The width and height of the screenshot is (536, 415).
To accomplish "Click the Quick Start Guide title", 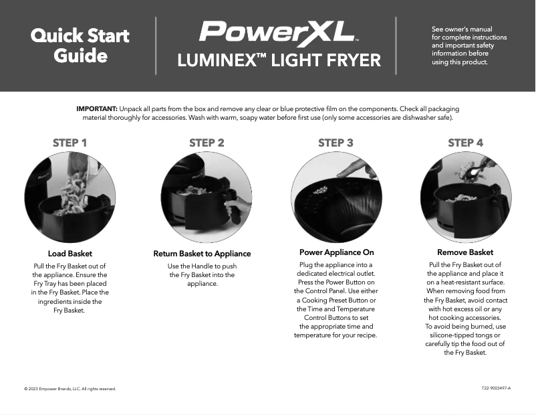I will pos(80,46).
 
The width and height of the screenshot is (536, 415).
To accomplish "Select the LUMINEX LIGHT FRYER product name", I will pos(279,61).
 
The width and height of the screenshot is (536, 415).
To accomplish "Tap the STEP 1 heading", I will pos(70,143).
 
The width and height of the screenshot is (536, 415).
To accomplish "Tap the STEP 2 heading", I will pos(207,143).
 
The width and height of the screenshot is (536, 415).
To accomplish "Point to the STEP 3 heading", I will pos(336,143).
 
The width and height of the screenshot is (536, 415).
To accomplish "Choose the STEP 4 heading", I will pos(465,143).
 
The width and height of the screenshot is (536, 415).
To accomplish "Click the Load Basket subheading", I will pos(70,254).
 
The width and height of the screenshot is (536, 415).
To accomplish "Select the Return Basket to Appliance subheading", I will pos(202,254).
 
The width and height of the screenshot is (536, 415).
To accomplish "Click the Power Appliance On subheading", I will pos(336,252).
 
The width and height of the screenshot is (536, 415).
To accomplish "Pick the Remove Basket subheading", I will pos(465,252).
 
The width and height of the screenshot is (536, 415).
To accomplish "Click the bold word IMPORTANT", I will pos(97,108).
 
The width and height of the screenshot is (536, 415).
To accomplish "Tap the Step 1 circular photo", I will pos(70,197).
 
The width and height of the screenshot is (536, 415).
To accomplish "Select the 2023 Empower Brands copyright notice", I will pos(70,389).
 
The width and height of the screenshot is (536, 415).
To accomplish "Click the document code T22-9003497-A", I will pos(496,388).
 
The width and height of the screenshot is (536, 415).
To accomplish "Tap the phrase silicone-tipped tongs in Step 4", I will pos(465,335).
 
